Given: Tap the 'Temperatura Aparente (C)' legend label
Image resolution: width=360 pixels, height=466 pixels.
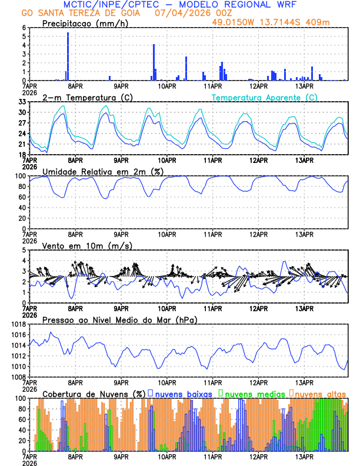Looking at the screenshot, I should pyautogui.click(x=264, y=97).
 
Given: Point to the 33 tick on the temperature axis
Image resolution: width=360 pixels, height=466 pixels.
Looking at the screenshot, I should pyautogui.click(x=24, y=102).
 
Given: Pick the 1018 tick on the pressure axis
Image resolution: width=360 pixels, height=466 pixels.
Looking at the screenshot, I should pyautogui.click(x=19, y=324).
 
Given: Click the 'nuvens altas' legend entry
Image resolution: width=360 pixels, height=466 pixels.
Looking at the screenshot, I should pyautogui.click(x=320, y=393).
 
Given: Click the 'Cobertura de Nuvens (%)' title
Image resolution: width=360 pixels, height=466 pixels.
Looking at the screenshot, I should pyautogui.click(x=94, y=393).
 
